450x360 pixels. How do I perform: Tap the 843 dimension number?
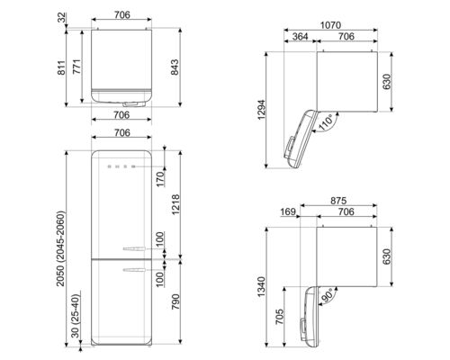click(x=186, y=65)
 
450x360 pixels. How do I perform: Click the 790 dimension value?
click(x=186, y=306)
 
